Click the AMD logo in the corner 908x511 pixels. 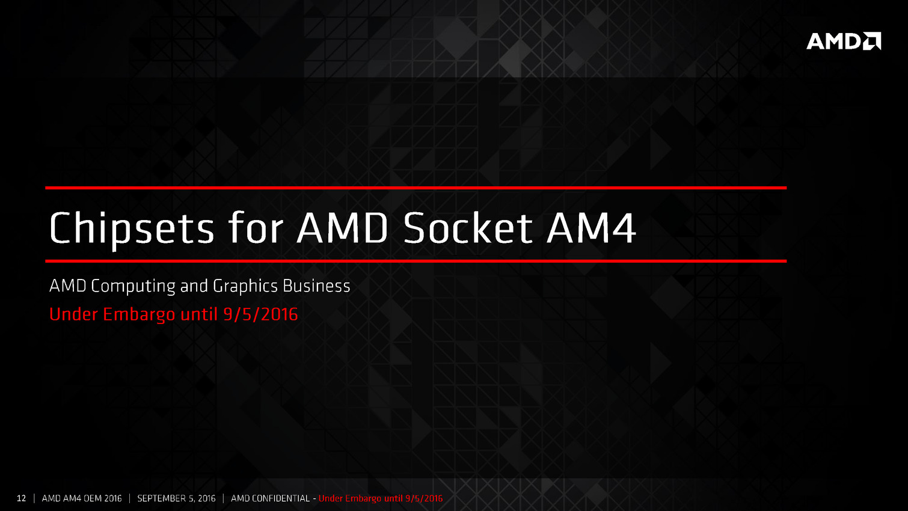pyautogui.click(x=844, y=41)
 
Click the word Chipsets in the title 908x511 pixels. pyautogui.click(x=132, y=228)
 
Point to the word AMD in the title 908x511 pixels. pyautogui.click(x=343, y=228)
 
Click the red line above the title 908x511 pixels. pyautogui.click(x=416, y=188)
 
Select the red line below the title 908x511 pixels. pyautogui.click(x=416, y=262)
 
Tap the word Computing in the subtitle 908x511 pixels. pyautogui.click(x=133, y=287)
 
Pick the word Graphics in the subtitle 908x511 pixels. pyautogui.click(x=245, y=287)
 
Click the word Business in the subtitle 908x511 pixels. pyautogui.click(x=316, y=286)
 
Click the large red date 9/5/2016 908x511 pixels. pyautogui.click(x=260, y=314)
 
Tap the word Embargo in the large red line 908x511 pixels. pyautogui.click(x=139, y=314)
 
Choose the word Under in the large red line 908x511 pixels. pyautogui.click(x=73, y=314)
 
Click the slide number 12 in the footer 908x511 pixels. pyautogui.click(x=21, y=498)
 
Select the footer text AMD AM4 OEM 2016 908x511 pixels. pyautogui.click(x=82, y=498)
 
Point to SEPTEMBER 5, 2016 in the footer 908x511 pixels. pyautogui.click(x=176, y=498)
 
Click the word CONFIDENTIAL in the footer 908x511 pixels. pyautogui.click(x=281, y=498)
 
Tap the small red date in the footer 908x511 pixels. pyautogui.click(x=424, y=498)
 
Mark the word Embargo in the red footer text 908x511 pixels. pyautogui.click(x=363, y=499)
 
